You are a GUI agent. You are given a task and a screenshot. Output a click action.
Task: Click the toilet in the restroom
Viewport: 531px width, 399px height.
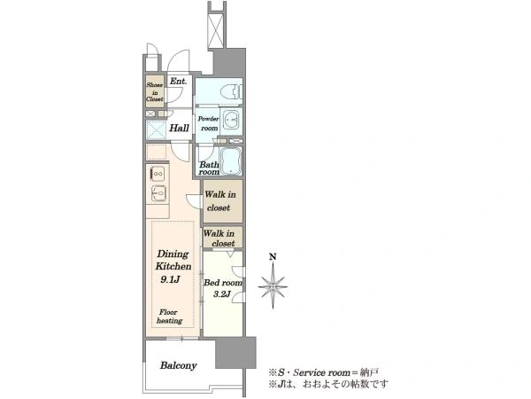[232, 91]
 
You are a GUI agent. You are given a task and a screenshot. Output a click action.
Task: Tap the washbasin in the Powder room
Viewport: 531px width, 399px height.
[231, 120]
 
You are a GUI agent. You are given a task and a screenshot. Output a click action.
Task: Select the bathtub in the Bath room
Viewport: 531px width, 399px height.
[231, 160]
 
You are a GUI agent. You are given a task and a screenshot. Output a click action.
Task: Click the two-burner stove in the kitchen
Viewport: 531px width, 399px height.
[158, 174]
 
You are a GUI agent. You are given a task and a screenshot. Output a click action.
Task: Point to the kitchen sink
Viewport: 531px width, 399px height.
[158, 193]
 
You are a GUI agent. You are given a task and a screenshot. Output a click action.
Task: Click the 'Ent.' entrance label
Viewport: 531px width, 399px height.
[178, 82]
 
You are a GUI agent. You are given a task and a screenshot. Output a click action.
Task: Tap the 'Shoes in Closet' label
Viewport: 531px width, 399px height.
[155, 92]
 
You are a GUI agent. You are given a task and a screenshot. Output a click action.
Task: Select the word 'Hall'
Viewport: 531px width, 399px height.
[179, 128]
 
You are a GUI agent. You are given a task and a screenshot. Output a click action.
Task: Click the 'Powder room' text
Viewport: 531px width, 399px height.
[208, 123]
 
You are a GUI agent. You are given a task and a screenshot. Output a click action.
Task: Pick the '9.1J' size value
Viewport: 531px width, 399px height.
[170, 279]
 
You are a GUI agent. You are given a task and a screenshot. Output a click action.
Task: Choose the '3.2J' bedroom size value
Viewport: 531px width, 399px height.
[222, 293]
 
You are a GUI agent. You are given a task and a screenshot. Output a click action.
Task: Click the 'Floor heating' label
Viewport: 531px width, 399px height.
[169, 317]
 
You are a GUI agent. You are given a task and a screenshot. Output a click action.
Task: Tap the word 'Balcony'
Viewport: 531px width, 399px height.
[179, 365]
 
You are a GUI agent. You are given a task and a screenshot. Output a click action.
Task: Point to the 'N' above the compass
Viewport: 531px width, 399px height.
[273, 257]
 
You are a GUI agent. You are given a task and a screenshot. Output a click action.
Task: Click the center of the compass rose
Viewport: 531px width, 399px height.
[273, 286]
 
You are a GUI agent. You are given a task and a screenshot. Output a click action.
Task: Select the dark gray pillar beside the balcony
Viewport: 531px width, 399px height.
[235, 353]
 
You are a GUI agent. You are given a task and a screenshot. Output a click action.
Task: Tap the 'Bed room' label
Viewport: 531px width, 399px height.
[223, 282]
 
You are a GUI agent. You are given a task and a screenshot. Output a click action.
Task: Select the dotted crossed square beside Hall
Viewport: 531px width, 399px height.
[156, 129]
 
